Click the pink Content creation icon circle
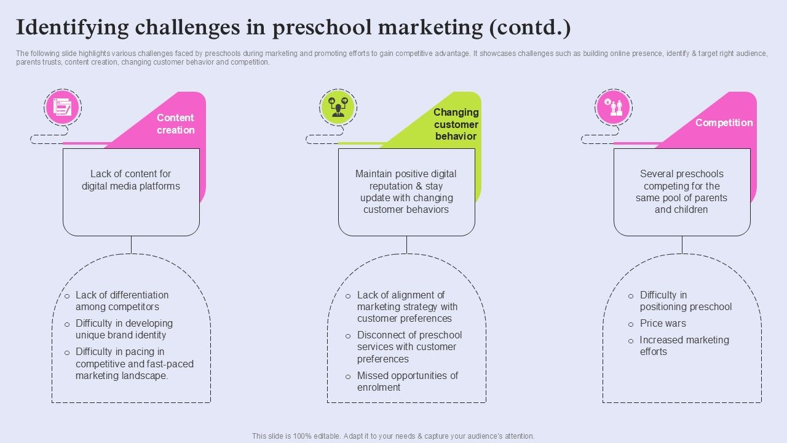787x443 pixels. (x=63, y=107)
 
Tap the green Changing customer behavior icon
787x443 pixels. (x=338, y=107)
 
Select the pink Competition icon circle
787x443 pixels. (x=614, y=107)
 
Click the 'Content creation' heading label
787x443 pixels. (x=175, y=124)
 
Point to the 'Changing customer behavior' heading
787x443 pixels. (x=456, y=124)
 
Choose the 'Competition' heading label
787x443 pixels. (x=724, y=122)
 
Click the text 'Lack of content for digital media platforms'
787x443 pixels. (x=131, y=180)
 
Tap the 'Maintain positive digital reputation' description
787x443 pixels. (x=406, y=191)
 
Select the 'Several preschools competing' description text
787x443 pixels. (x=681, y=191)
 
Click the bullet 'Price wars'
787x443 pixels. (x=663, y=323)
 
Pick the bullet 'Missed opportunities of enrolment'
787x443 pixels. (x=407, y=381)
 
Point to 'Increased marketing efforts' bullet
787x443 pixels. (x=684, y=345)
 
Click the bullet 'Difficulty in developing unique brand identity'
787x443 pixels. (x=124, y=329)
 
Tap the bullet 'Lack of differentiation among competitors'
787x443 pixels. (x=121, y=300)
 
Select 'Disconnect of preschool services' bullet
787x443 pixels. (x=409, y=346)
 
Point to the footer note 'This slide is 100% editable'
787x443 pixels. (x=393, y=436)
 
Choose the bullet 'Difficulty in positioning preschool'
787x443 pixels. (x=685, y=300)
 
